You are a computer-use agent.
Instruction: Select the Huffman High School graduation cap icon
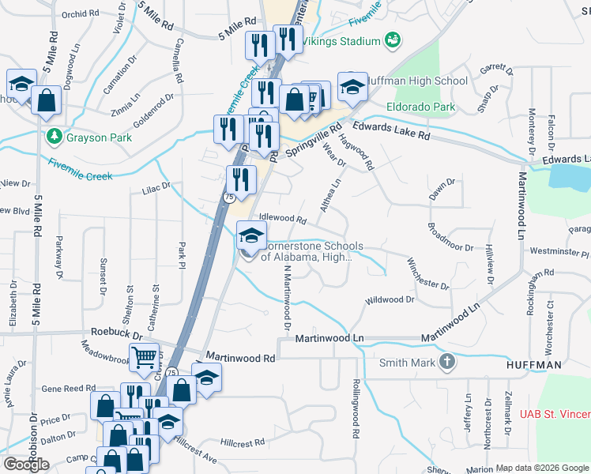[x=352, y=87]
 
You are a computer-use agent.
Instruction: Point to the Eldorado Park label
[x=421, y=106]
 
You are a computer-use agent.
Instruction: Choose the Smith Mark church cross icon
[x=447, y=363]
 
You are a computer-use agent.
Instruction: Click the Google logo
[x=26, y=465]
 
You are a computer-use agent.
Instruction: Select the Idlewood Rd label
[x=282, y=218]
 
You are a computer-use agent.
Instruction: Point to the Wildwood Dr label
[x=390, y=300]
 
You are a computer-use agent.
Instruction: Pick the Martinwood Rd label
[x=240, y=358]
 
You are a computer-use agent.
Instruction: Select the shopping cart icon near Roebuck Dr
[x=145, y=358]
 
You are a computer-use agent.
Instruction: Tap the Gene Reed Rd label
[x=68, y=389]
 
